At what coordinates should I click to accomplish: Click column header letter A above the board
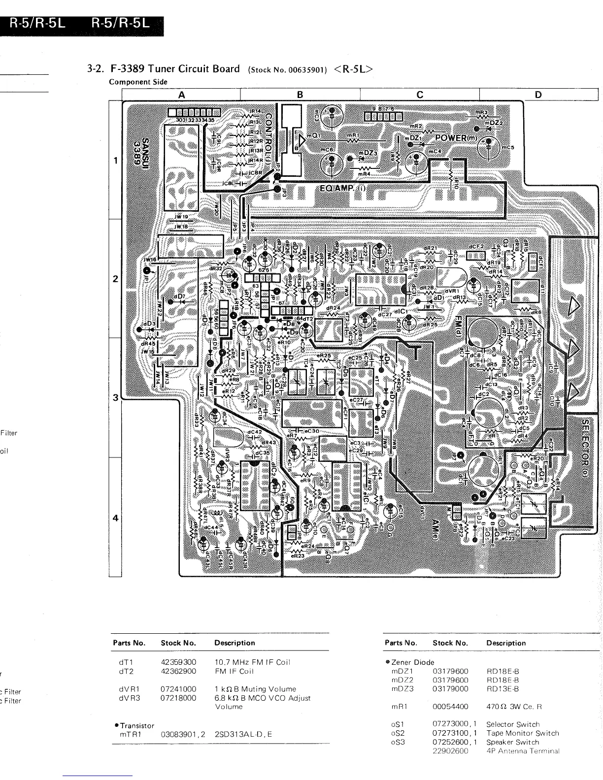point(181,95)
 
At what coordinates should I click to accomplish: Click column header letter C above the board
point(420,95)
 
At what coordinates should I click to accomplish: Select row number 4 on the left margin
point(115,518)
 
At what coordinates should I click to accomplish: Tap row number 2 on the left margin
point(115,279)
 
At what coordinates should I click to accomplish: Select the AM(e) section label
point(435,530)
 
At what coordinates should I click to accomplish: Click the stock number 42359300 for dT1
point(178,662)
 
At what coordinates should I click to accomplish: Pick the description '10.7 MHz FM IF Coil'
point(252,662)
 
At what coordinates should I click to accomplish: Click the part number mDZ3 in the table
point(402,688)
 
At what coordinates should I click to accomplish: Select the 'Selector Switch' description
point(512,724)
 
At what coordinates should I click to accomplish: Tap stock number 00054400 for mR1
point(450,706)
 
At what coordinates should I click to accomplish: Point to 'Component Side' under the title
point(138,82)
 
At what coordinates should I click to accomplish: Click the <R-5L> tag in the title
point(353,69)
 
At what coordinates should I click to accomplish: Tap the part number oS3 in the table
point(398,742)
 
